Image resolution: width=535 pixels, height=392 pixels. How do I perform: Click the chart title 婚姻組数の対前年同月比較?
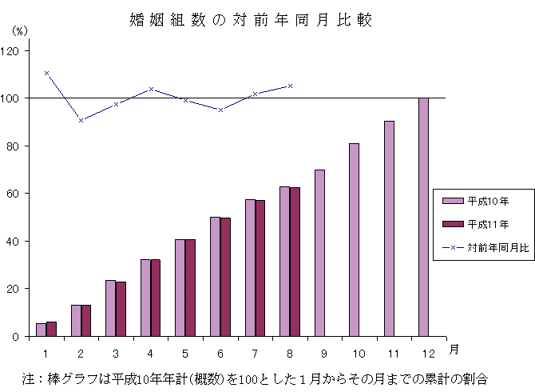click(251, 19)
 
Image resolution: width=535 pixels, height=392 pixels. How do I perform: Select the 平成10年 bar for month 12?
click(423, 217)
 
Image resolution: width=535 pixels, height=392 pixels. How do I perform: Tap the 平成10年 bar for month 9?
click(319, 253)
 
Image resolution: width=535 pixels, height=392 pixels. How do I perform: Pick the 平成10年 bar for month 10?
click(354, 239)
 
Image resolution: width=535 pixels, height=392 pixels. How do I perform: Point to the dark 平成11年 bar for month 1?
click(51, 329)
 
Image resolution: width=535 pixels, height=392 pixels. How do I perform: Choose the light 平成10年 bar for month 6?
click(215, 276)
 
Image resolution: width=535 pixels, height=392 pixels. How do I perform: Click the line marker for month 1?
click(46, 73)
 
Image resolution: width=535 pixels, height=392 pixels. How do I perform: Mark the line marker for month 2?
click(81, 120)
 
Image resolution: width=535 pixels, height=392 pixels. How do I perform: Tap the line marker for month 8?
click(290, 86)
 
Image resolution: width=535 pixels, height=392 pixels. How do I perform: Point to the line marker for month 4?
click(151, 89)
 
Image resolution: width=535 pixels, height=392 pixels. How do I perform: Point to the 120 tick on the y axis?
click(14, 50)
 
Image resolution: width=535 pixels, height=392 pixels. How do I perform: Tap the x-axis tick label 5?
click(185, 352)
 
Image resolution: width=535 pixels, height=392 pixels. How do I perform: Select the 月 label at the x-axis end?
click(453, 349)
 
